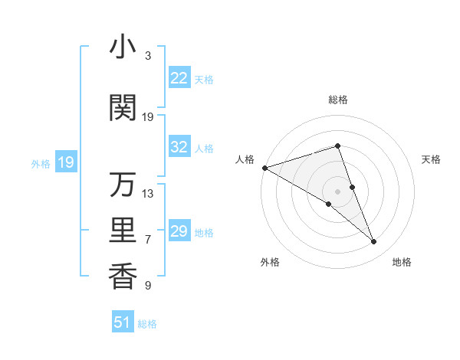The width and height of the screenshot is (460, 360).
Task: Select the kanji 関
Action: [x=123, y=108]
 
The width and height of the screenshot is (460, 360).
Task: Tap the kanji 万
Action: [x=123, y=185]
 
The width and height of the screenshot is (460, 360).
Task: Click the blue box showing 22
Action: [x=179, y=78]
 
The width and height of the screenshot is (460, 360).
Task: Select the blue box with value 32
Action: [x=179, y=147]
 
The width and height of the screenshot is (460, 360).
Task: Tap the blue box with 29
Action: [x=179, y=231]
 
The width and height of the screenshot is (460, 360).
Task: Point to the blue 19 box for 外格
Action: [x=65, y=162]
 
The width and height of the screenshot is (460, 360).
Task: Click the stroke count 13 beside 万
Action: [x=148, y=194]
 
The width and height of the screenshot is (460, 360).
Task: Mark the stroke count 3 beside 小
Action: [x=148, y=56]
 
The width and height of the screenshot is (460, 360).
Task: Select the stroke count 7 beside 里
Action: [x=148, y=240]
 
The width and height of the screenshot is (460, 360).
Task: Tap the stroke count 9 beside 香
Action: [x=148, y=286]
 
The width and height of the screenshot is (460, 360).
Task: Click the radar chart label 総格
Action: [x=337, y=100]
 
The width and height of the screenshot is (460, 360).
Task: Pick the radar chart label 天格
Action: [x=432, y=159]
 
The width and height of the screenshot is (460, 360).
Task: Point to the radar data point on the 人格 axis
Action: [x=264, y=167]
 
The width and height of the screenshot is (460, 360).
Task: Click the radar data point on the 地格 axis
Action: [x=374, y=242]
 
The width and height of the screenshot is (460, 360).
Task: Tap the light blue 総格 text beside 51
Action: [x=147, y=324]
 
